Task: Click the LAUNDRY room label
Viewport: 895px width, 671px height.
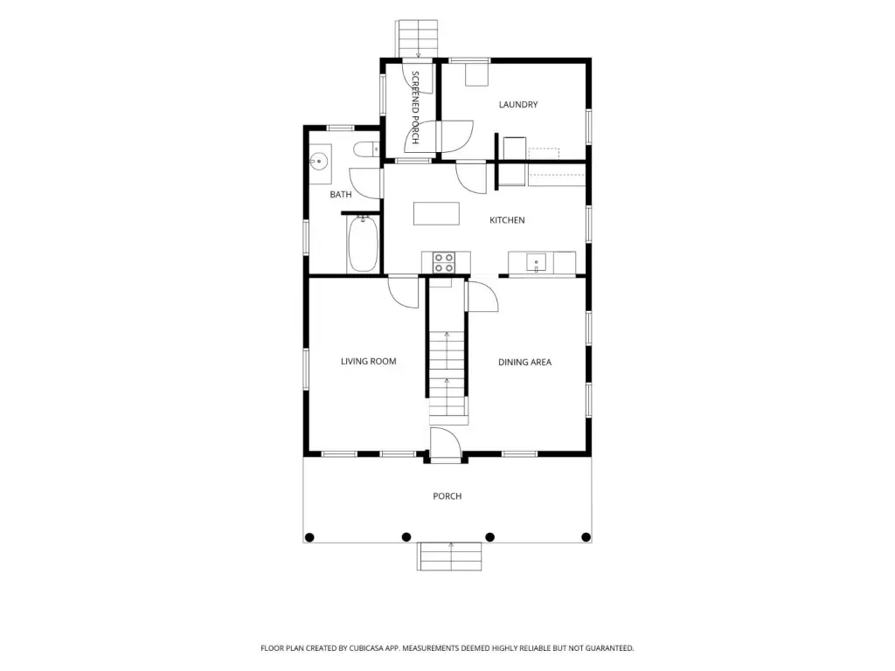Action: click(x=517, y=105)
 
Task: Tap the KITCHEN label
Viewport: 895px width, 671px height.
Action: click(x=507, y=220)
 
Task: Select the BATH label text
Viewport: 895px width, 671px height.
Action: click(x=341, y=195)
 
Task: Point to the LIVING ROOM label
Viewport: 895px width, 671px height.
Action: click(x=368, y=361)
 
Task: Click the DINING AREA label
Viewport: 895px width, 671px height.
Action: click(x=524, y=362)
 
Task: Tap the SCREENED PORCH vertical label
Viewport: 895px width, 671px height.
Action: click(x=415, y=107)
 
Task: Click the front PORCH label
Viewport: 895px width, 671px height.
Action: click(x=447, y=496)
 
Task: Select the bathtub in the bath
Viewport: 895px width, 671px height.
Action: click(x=363, y=245)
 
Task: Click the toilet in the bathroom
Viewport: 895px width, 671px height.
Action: click(x=366, y=149)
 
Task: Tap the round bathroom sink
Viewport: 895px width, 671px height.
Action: click(x=320, y=162)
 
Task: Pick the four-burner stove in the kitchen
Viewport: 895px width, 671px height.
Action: click(x=443, y=263)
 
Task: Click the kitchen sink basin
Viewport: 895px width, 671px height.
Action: click(x=536, y=263)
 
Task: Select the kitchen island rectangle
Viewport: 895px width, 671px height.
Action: click(x=436, y=213)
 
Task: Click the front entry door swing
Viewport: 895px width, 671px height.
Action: click(x=445, y=443)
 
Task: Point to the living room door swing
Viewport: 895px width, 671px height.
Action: click(x=404, y=292)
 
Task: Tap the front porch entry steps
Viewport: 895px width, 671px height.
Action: click(x=450, y=557)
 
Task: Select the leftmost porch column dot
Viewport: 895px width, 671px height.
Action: click(x=310, y=537)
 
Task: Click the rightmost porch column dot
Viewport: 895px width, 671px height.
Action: click(x=586, y=537)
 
